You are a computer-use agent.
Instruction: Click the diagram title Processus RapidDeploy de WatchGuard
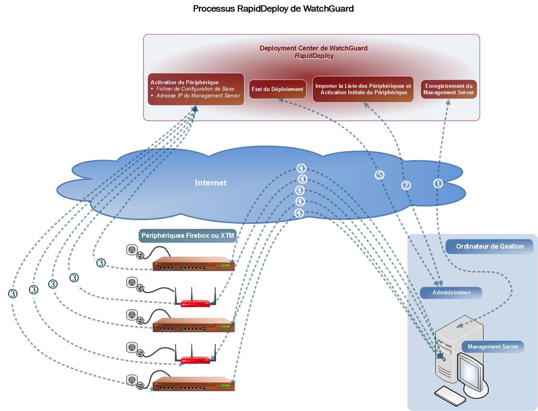[x=273, y=8]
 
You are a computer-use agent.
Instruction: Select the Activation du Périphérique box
[x=196, y=89]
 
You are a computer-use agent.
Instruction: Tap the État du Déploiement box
[x=277, y=89]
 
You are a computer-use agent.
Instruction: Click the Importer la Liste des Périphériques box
[x=363, y=89]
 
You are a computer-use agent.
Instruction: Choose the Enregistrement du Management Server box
[x=449, y=89]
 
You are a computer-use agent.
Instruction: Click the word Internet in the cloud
[x=210, y=183]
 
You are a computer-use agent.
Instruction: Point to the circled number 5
[x=379, y=175]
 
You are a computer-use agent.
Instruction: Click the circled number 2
[x=406, y=185]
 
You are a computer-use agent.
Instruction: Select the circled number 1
[x=438, y=183]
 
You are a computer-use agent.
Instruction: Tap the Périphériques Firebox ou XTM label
[x=187, y=236]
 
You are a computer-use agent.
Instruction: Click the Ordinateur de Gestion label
[x=489, y=247]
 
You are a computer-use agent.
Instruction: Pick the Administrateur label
[x=451, y=293]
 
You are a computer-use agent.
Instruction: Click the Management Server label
[x=493, y=347]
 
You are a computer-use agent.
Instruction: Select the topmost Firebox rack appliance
[x=193, y=264]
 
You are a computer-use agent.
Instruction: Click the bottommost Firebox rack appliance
[x=193, y=384]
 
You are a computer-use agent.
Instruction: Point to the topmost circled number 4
[x=301, y=168]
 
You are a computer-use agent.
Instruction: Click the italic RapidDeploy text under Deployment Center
[x=313, y=56]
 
